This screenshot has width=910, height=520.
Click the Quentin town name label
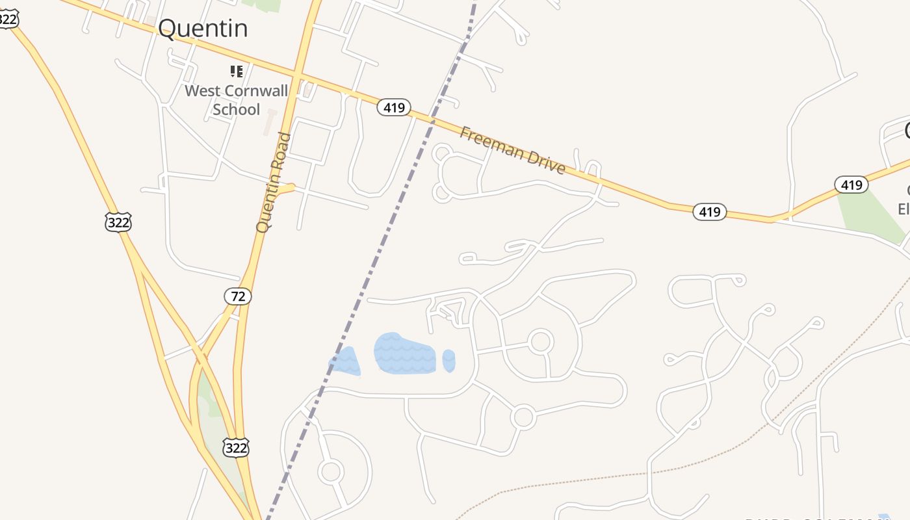[x=203, y=29]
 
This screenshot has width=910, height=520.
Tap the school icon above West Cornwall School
[x=237, y=71]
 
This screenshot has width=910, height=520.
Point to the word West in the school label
[x=202, y=90]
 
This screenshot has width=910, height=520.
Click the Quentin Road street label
[x=274, y=182]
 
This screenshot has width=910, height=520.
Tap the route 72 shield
[x=238, y=296]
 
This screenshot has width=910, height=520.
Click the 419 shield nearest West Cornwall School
[x=394, y=107]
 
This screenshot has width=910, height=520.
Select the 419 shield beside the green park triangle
[x=851, y=185]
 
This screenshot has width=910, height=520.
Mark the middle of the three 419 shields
[x=709, y=211]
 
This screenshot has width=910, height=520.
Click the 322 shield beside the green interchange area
[x=235, y=447]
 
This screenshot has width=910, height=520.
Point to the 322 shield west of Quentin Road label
[x=118, y=222]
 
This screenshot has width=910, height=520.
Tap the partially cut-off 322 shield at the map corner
[x=6, y=18]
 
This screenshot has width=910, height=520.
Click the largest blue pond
[x=404, y=354]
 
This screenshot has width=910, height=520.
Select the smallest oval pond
[x=448, y=361]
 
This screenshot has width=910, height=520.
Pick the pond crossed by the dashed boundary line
[x=345, y=361]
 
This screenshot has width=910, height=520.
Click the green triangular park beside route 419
[x=871, y=214]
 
